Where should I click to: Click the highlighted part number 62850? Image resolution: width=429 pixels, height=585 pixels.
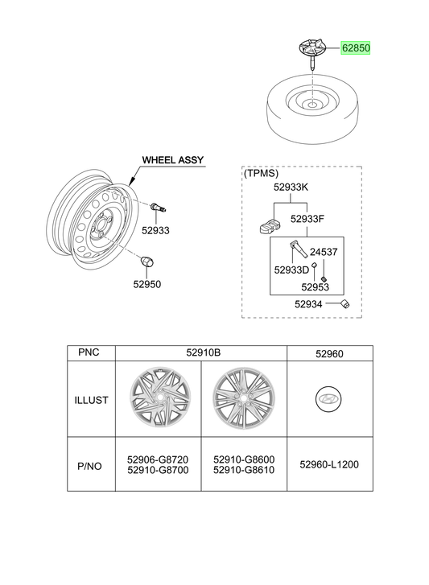pyautogui.click(x=356, y=48)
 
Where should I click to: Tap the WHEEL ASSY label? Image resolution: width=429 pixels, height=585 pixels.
pyautogui.click(x=173, y=160)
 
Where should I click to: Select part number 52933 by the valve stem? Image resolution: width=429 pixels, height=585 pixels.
pyautogui.click(x=155, y=231)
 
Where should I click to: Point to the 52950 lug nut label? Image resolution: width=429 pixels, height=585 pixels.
pyautogui.click(x=147, y=284)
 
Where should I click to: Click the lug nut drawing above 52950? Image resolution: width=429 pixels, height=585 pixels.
pyautogui.click(x=146, y=262)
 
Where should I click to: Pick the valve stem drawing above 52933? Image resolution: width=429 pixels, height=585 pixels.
pyautogui.click(x=159, y=208)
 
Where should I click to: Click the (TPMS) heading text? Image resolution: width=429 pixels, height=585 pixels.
pyautogui.click(x=261, y=174)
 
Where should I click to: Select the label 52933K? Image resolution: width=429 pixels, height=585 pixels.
pyautogui.click(x=291, y=187)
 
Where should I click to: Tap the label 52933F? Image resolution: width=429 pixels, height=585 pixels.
pyautogui.click(x=307, y=219)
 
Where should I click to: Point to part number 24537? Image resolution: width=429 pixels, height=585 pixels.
pyautogui.click(x=324, y=252)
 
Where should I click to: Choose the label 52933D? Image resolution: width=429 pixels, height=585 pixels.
pyautogui.click(x=291, y=270)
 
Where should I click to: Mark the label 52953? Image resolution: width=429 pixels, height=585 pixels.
pyautogui.click(x=316, y=287)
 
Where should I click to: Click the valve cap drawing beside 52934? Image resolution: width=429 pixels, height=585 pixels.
pyautogui.click(x=345, y=304)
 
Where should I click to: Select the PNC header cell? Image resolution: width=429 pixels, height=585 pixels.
pyautogui.click(x=89, y=352)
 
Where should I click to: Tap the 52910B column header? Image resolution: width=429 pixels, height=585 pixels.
pyautogui.click(x=204, y=352)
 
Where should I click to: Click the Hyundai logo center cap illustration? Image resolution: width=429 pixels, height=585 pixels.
pyautogui.click(x=328, y=399)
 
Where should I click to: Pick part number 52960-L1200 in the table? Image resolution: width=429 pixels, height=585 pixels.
pyautogui.click(x=329, y=464)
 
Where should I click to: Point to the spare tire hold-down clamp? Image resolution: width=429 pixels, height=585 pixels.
pyautogui.click(x=311, y=53)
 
